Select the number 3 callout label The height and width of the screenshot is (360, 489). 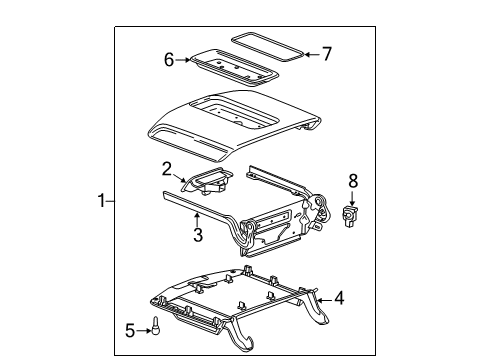tap(198, 235)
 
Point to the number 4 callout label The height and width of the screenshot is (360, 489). tap(339, 296)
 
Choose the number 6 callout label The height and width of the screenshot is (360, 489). tap(169, 59)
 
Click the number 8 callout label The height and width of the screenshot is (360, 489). tap(352, 181)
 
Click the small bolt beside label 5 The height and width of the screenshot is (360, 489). tap(156, 327)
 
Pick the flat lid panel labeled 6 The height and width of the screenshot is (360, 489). tap(233, 68)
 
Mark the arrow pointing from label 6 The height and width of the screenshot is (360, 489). tap(184, 60)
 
